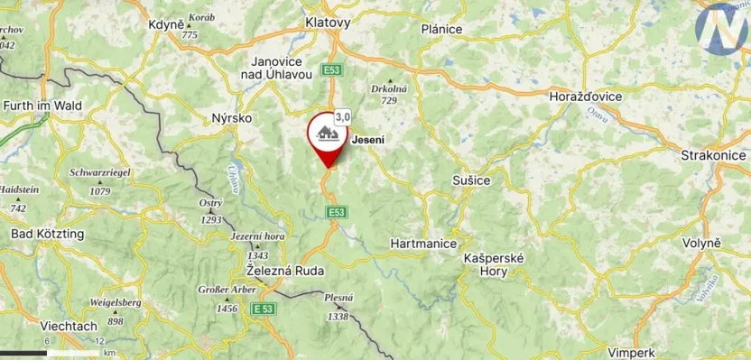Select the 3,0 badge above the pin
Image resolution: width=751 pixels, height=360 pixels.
coord(343,116)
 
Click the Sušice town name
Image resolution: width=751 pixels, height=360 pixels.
coord(470,180)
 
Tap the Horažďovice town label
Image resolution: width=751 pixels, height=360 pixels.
coord(589,95)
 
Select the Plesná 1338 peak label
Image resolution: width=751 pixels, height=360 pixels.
coord(338,307)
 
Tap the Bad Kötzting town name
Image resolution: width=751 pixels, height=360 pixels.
coord(48,234)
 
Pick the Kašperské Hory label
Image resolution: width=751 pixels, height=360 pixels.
coord(494,263)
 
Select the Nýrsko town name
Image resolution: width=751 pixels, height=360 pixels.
coord(231,118)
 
